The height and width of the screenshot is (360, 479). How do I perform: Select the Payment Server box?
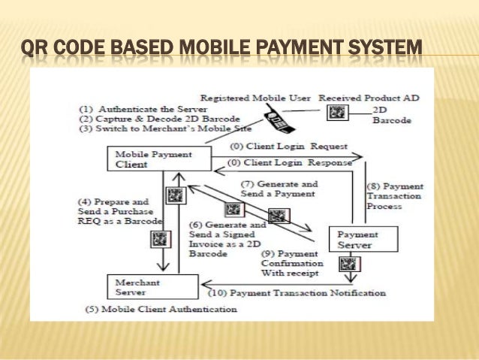point(363,239)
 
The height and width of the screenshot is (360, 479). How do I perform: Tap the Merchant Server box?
point(150,286)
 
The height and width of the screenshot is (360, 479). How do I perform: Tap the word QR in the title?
point(34,51)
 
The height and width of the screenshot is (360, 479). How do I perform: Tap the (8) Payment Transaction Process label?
point(395,196)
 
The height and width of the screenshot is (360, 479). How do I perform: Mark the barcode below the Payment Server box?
point(348,264)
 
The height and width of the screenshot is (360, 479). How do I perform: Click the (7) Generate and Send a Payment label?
point(279,189)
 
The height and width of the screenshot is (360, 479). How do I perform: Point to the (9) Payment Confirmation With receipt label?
point(292,263)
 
